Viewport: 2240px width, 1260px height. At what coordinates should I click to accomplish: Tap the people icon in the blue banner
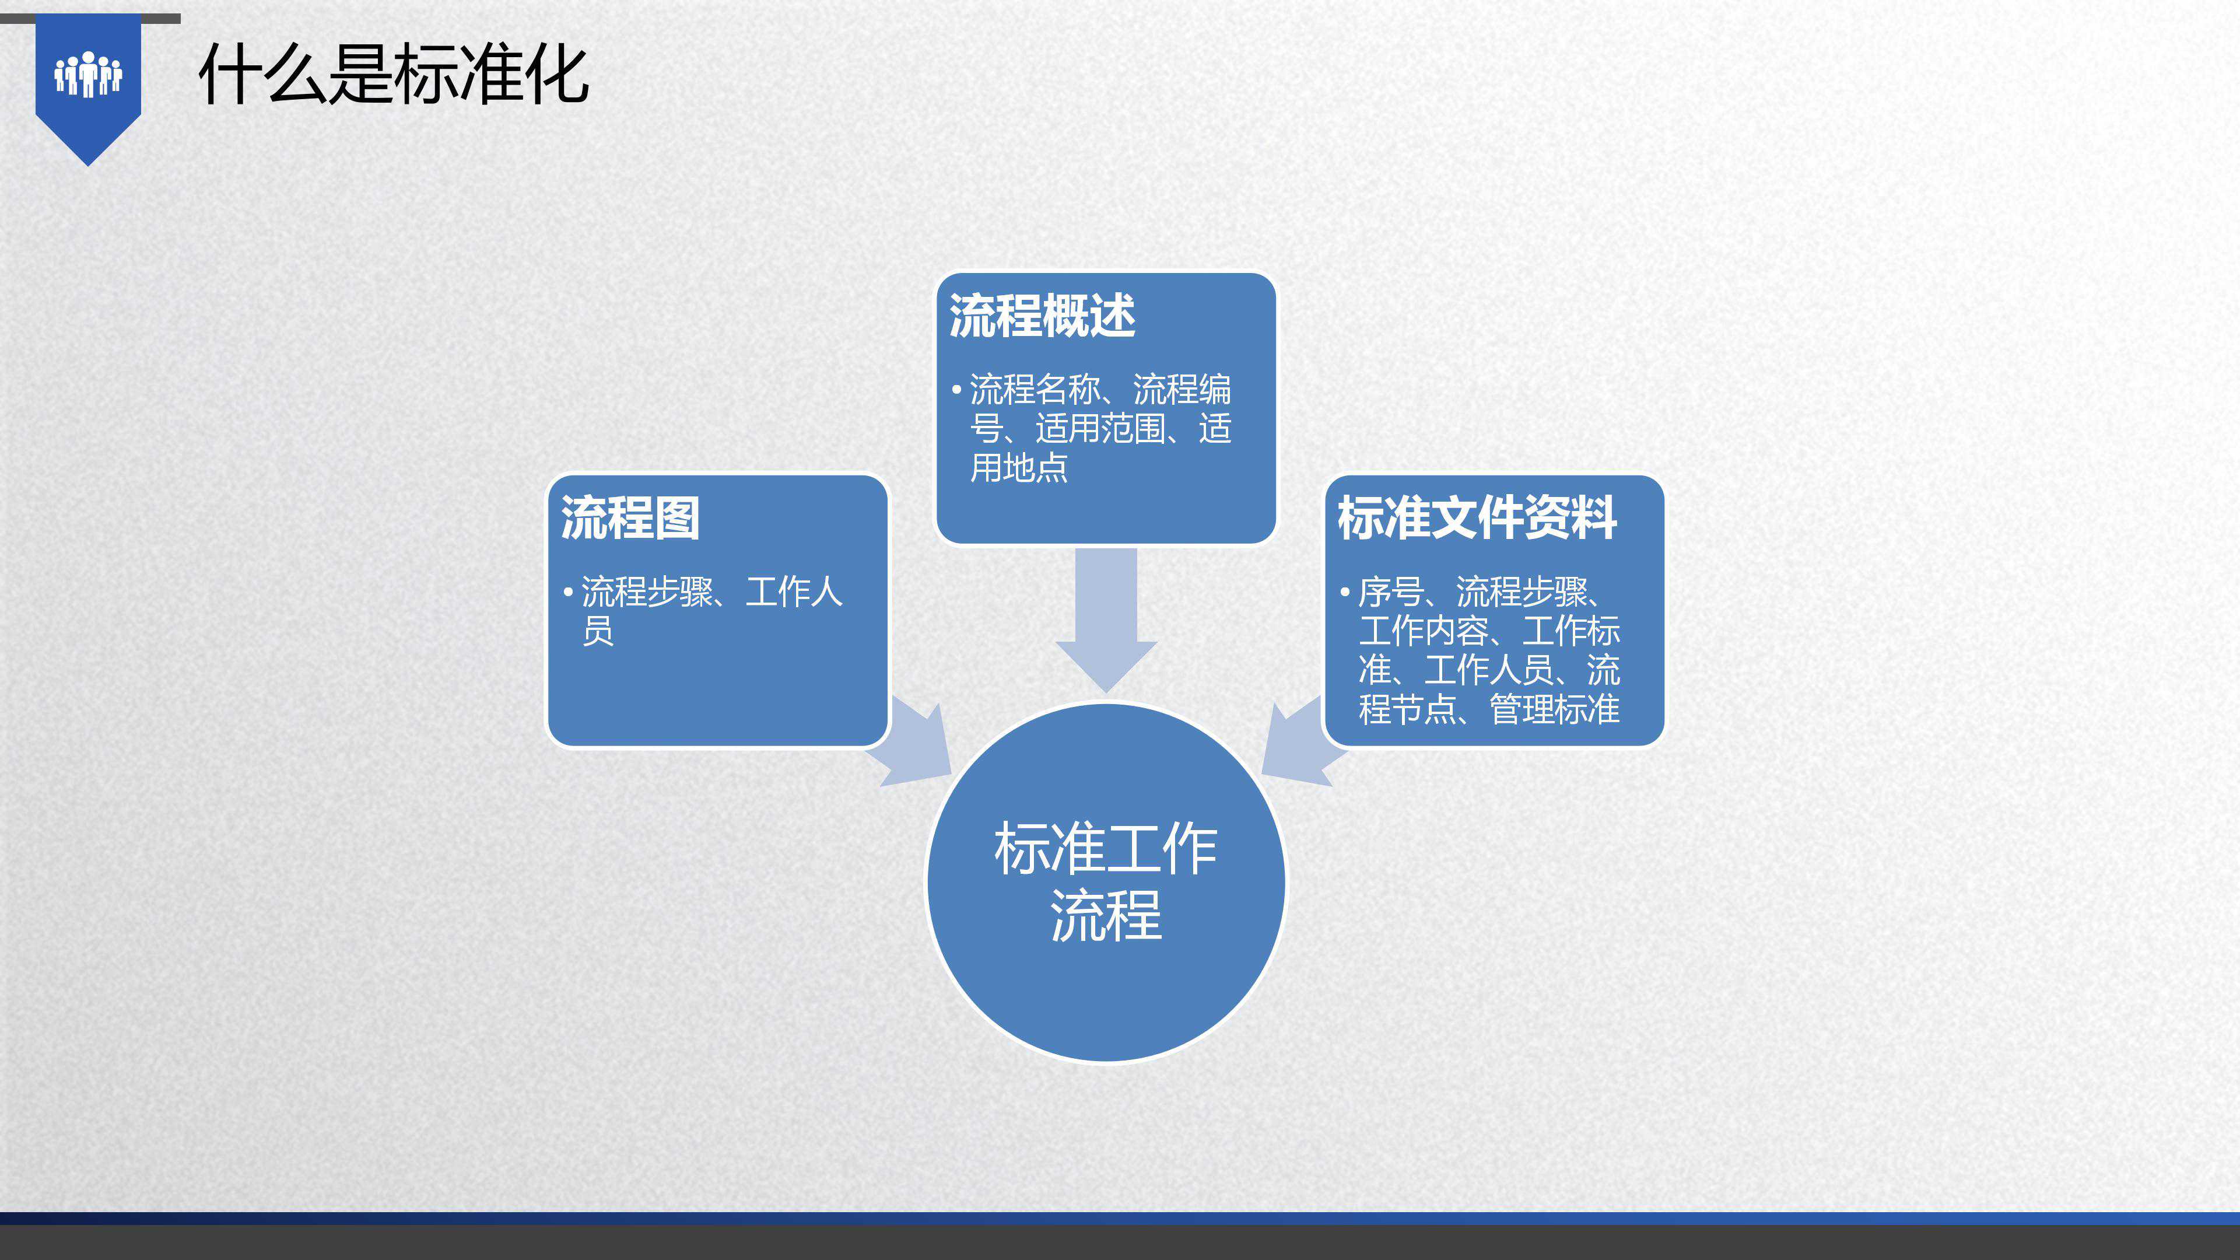tap(88, 74)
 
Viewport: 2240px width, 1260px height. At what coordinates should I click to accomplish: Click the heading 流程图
tap(630, 517)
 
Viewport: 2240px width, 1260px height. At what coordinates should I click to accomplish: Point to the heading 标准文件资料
tap(1477, 517)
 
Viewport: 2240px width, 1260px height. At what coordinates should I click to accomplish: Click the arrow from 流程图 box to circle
tap(916, 744)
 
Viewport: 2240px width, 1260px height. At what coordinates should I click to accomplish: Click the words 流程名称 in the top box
tap(1035, 390)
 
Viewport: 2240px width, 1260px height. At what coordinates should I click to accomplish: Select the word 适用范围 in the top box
tap(1100, 429)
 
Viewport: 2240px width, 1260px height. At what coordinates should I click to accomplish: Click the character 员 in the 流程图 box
tap(597, 631)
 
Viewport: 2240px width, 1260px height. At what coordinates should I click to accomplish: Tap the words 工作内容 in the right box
tap(1424, 631)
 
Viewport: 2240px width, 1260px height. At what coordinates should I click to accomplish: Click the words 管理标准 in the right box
tap(1555, 709)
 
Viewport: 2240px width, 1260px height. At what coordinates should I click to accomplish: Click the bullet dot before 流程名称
tap(956, 390)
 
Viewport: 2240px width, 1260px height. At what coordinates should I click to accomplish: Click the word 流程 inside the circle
tap(1106, 916)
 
